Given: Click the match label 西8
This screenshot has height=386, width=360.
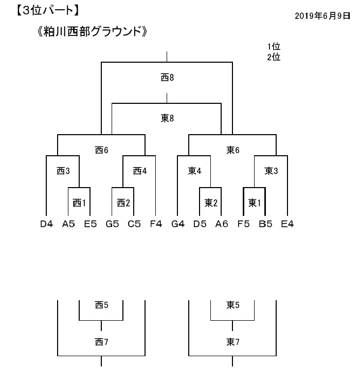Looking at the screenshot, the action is click(x=167, y=78).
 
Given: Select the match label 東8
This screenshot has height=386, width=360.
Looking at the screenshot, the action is click(x=167, y=118).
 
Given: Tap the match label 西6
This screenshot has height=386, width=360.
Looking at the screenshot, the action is click(x=101, y=150).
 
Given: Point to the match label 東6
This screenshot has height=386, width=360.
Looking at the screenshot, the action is click(x=232, y=150).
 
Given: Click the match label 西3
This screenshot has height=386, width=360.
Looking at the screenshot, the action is click(x=63, y=171).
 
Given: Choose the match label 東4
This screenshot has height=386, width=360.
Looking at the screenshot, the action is click(x=194, y=171).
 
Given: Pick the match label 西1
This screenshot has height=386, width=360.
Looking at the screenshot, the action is click(x=79, y=203).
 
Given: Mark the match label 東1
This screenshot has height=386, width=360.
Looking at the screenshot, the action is click(x=255, y=203).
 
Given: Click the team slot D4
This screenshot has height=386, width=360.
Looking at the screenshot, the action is click(x=46, y=224).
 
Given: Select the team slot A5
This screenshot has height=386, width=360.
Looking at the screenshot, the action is click(x=68, y=224).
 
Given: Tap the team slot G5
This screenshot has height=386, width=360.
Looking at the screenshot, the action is click(x=112, y=224).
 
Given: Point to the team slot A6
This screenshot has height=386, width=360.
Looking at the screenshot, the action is click(x=222, y=224).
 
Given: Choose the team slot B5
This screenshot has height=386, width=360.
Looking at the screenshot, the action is click(x=265, y=224).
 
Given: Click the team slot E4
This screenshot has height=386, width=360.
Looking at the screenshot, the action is click(x=287, y=224).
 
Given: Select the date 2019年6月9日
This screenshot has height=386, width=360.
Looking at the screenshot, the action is click(x=322, y=16).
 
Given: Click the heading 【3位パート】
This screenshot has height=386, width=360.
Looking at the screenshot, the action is click(x=48, y=11).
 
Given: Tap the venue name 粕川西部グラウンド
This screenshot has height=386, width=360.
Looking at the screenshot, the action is click(x=92, y=32).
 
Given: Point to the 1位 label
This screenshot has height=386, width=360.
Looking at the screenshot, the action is click(x=274, y=46).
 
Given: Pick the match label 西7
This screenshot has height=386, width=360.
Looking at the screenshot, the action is click(x=101, y=342).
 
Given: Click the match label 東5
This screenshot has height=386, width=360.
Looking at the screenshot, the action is click(x=232, y=305).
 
